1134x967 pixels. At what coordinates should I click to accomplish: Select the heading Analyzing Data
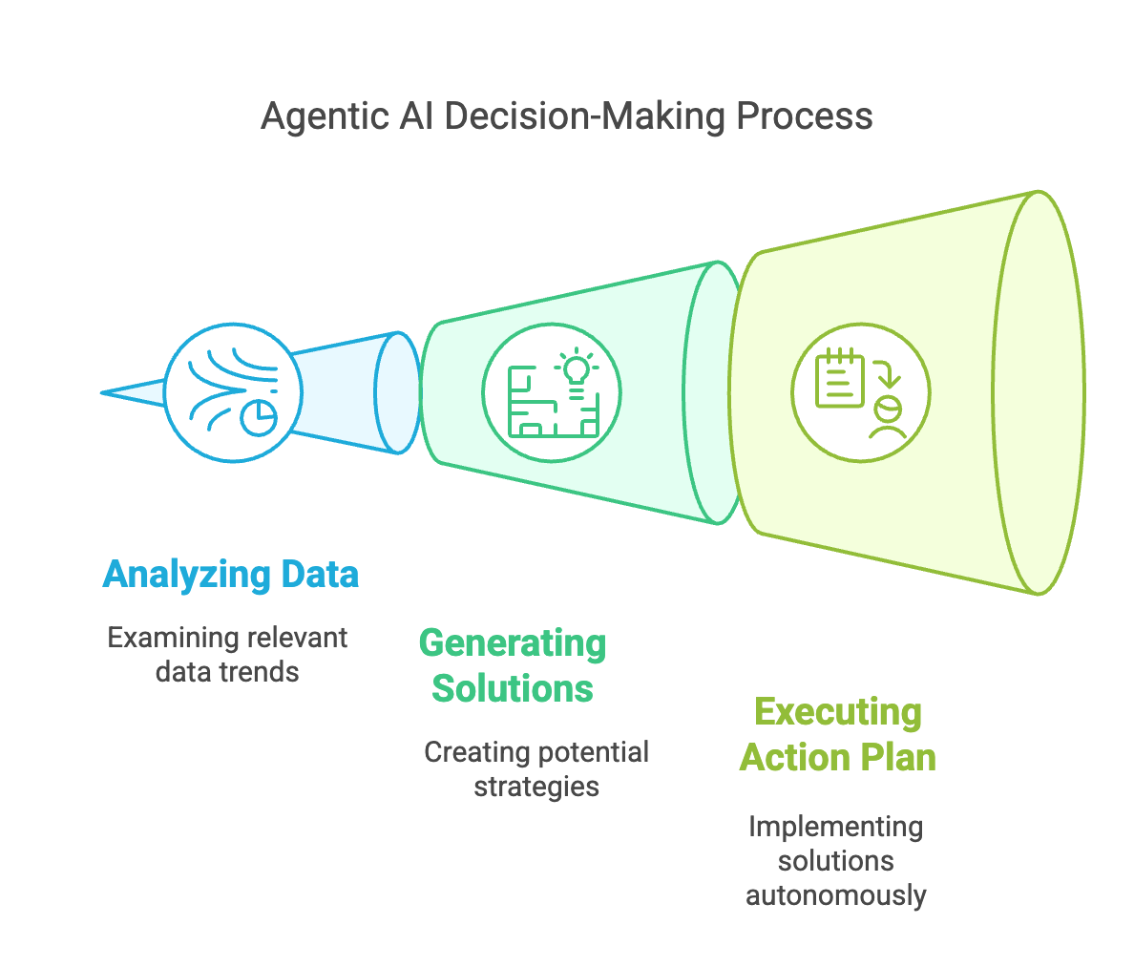pyautogui.click(x=231, y=575)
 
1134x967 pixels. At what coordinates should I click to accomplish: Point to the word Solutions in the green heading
pyautogui.click(x=513, y=688)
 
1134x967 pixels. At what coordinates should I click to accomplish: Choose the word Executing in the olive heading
pyautogui.click(x=838, y=712)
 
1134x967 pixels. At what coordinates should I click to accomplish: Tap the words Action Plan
pyautogui.click(x=838, y=757)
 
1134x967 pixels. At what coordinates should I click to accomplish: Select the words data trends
pyautogui.click(x=227, y=671)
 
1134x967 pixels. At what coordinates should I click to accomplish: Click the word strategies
pyautogui.click(x=536, y=786)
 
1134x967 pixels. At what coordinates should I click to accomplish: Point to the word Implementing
pyautogui.click(x=835, y=826)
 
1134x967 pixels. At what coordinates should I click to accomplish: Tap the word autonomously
pyautogui.click(x=835, y=894)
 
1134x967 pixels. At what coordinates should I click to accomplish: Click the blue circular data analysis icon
pyautogui.click(x=233, y=392)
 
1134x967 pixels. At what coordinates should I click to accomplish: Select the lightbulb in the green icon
pyautogui.click(x=576, y=369)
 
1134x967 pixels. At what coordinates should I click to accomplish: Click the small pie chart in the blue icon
pyautogui.click(x=259, y=417)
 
